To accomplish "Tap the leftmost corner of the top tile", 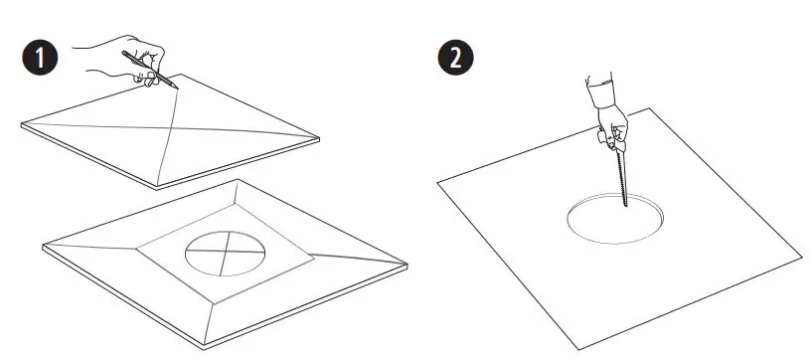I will pos(21,124).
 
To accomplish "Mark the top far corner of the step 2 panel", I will pos(650,108).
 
